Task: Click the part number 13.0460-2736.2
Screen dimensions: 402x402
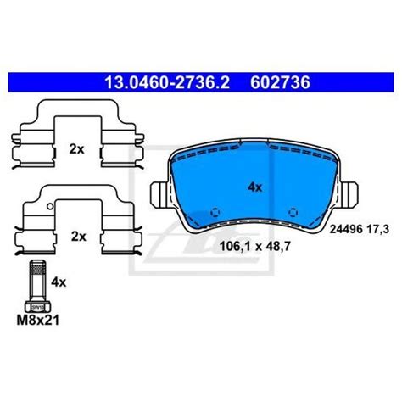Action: coord(167,82)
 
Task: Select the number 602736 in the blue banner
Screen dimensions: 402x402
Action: coord(280,82)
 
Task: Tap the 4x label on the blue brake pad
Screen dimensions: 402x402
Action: coord(255,187)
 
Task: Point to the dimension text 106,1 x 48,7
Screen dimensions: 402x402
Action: coord(255,247)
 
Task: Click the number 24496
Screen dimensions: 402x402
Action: coord(346,229)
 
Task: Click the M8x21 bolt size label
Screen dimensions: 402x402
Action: coord(38,321)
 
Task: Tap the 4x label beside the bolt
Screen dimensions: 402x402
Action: coord(59,282)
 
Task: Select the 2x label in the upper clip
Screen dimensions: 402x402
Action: coord(76,149)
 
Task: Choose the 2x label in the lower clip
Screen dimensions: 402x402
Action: coord(78,237)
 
